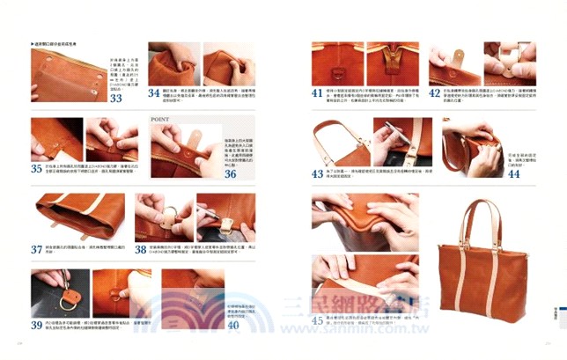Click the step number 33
116,99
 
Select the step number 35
37,167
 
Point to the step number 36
230,173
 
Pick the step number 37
37,249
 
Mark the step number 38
142,248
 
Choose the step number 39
37,325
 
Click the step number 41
318,92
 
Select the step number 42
435,92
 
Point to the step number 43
318,173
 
